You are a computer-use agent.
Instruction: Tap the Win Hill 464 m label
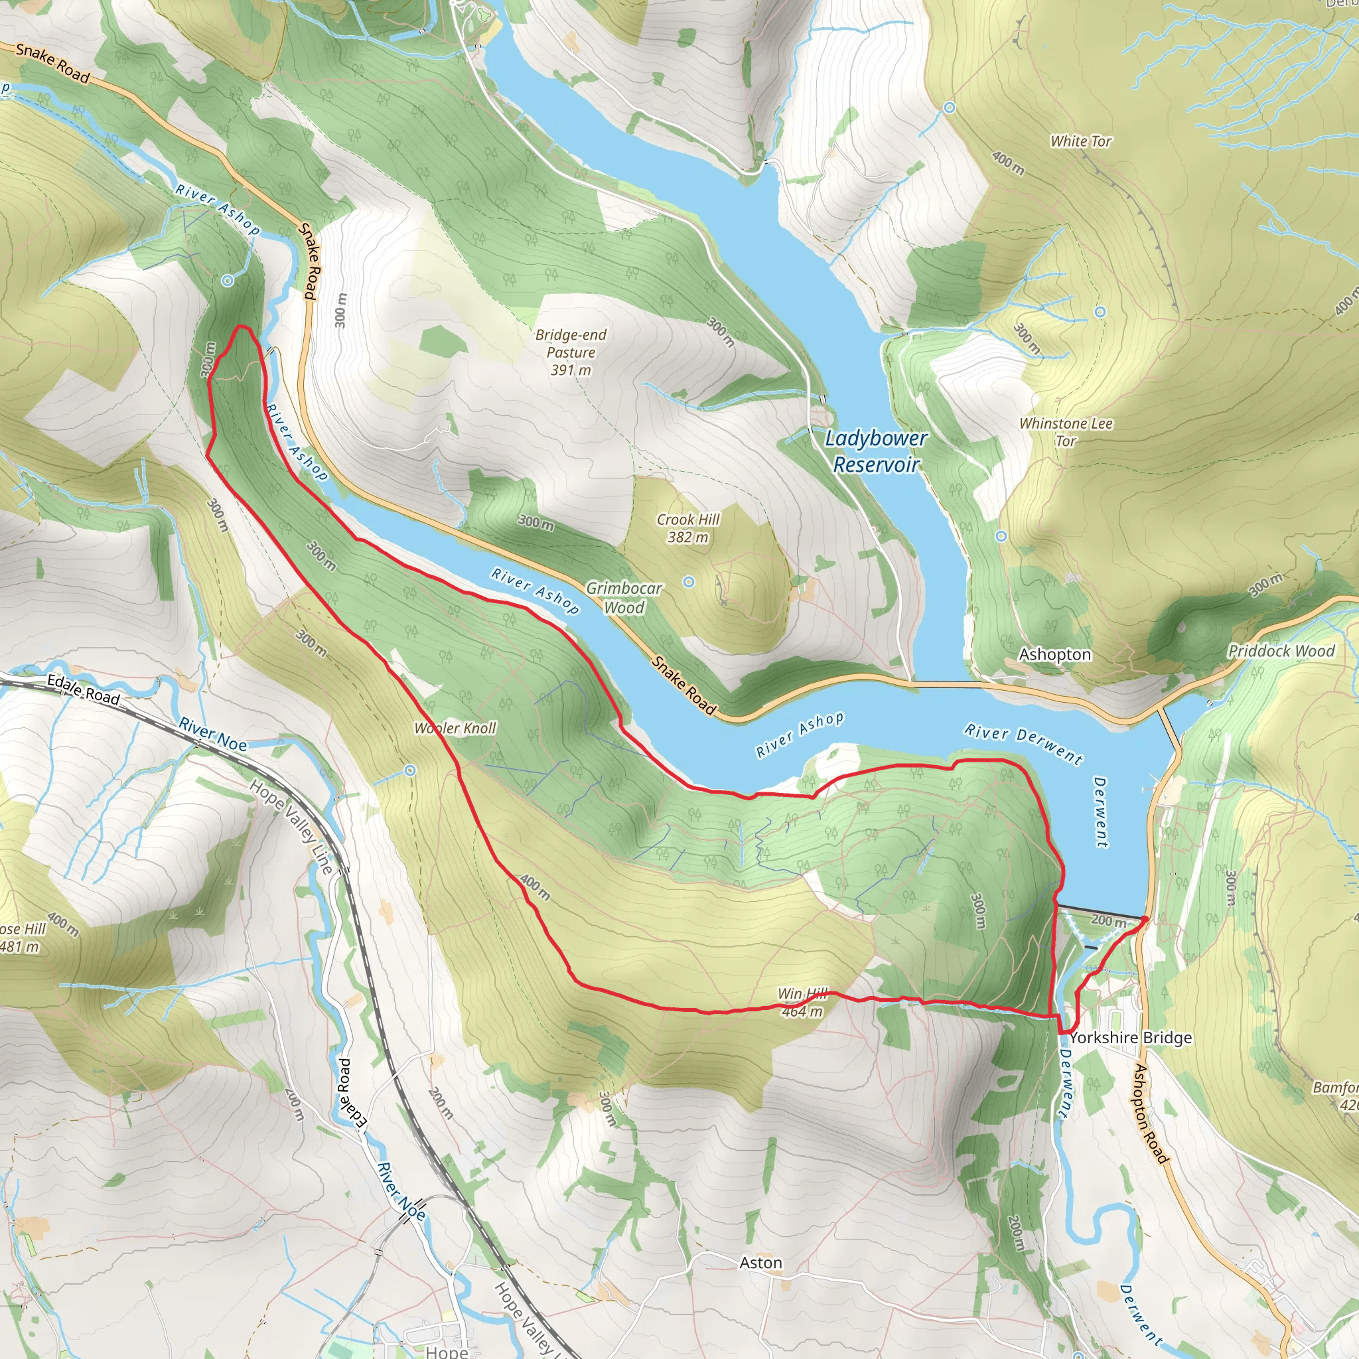click(802, 1003)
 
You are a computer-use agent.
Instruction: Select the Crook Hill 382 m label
click(687, 528)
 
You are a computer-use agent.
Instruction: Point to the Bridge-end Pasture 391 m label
click(571, 352)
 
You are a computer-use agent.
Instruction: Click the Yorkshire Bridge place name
click(1130, 1038)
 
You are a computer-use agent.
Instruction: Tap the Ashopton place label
click(1054, 654)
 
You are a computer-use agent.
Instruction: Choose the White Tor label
click(1080, 141)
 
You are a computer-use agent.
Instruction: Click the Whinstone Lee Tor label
click(1066, 432)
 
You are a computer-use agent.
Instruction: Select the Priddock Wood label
click(1280, 651)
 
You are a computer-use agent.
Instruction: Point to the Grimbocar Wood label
click(624, 597)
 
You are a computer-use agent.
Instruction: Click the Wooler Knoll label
click(455, 728)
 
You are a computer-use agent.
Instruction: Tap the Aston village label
click(760, 1263)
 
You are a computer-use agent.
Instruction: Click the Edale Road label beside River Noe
click(83, 689)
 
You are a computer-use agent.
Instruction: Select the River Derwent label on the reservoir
click(1023, 743)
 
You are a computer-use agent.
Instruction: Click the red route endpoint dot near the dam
click(1145, 918)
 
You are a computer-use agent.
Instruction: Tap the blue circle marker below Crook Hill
click(689, 582)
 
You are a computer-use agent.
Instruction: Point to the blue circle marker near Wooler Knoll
click(410, 770)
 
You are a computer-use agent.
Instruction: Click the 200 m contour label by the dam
click(1108, 920)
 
